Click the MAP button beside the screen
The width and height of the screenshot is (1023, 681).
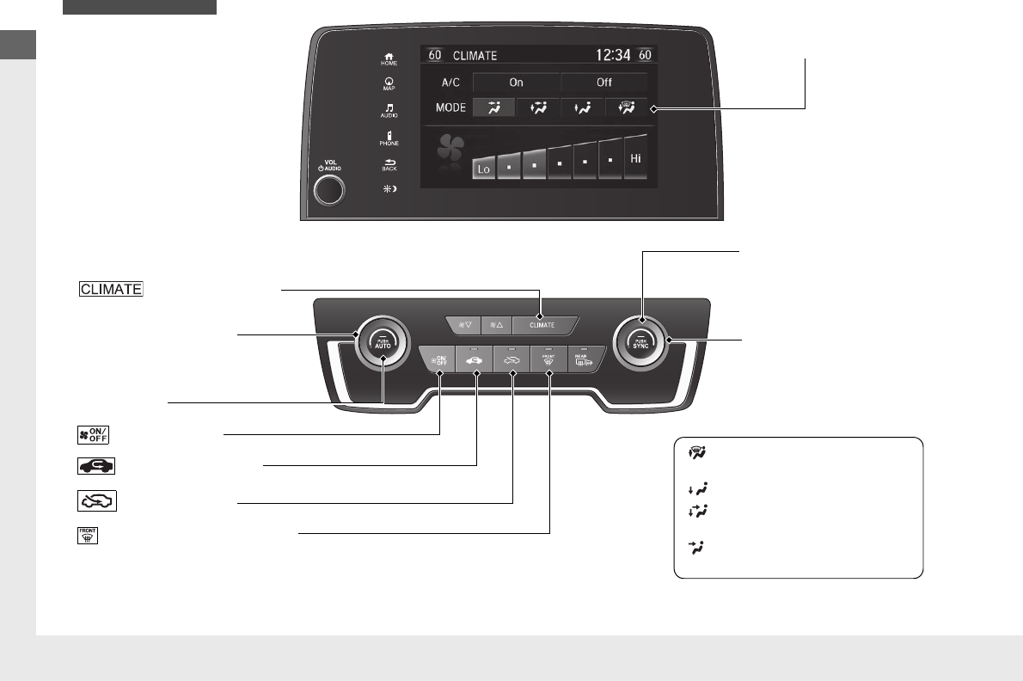(x=389, y=87)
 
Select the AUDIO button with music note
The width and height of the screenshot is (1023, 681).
(x=389, y=111)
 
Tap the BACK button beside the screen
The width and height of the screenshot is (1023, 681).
(x=389, y=164)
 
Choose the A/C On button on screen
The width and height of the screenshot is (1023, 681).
(x=516, y=83)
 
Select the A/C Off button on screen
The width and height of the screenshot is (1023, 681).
(x=604, y=83)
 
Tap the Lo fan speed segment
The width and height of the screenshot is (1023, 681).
(x=484, y=169)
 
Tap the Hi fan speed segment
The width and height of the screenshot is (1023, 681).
(x=636, y=159)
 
